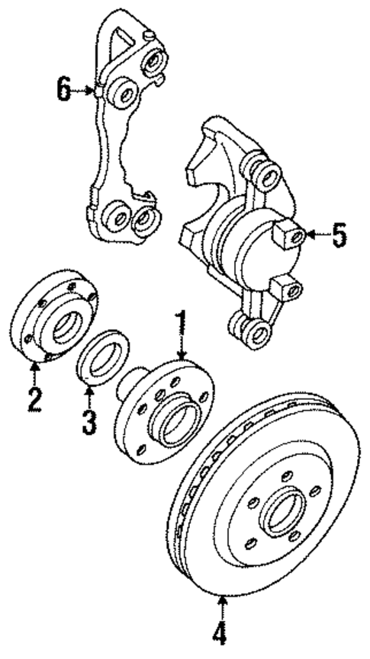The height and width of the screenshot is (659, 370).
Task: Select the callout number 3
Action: click(x=90, y=420)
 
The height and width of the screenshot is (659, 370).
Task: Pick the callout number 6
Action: click(x=63, y=90)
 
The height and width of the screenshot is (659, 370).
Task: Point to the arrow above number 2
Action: click(x=34, y=373)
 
